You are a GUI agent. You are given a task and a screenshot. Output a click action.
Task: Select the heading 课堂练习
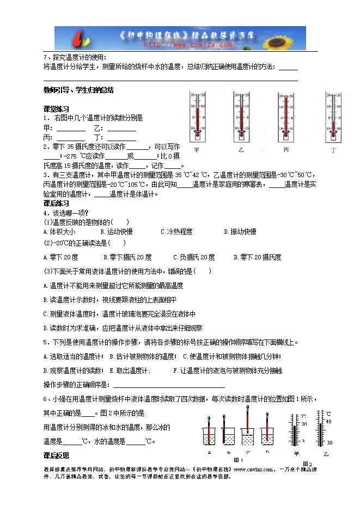56,109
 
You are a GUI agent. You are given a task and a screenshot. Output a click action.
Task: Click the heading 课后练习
56,203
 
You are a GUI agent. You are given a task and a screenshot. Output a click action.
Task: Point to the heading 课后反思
56,455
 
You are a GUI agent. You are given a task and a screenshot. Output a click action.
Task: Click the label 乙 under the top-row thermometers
241,149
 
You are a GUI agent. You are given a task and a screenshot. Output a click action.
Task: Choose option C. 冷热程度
176,232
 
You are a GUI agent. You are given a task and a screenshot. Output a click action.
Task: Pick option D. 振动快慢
240,232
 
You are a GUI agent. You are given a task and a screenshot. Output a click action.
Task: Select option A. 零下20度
60,257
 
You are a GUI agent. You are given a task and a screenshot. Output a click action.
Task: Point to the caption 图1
238,460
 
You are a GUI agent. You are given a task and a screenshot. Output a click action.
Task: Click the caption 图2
307,464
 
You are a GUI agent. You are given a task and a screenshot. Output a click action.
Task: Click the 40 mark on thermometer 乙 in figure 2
328,421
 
